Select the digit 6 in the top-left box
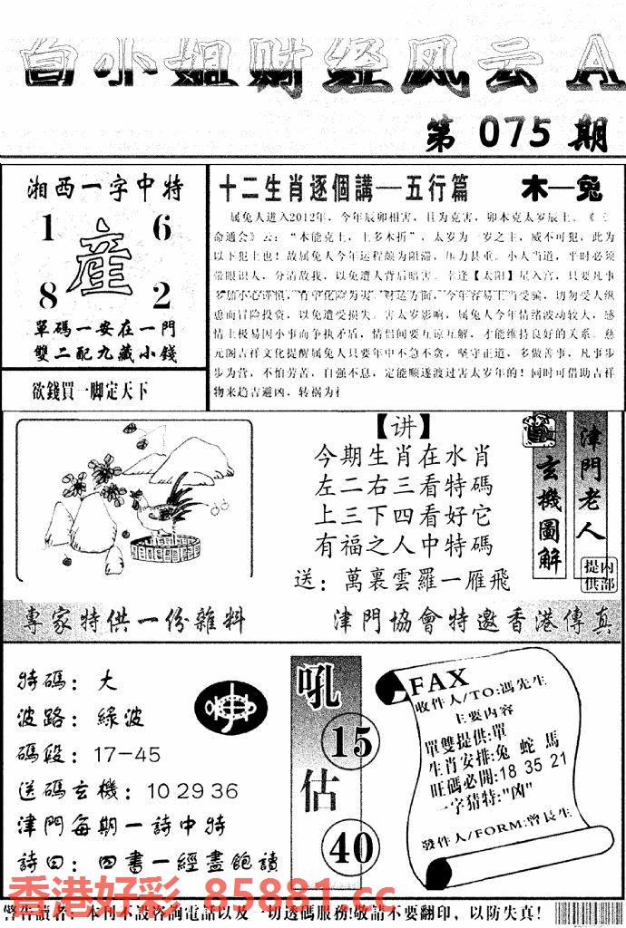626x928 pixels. [x=161, y=230]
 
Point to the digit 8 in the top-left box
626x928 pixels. [x=46, y=296]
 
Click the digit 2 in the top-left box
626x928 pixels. [x=161, y=296]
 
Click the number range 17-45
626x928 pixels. [x=127, y=754]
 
